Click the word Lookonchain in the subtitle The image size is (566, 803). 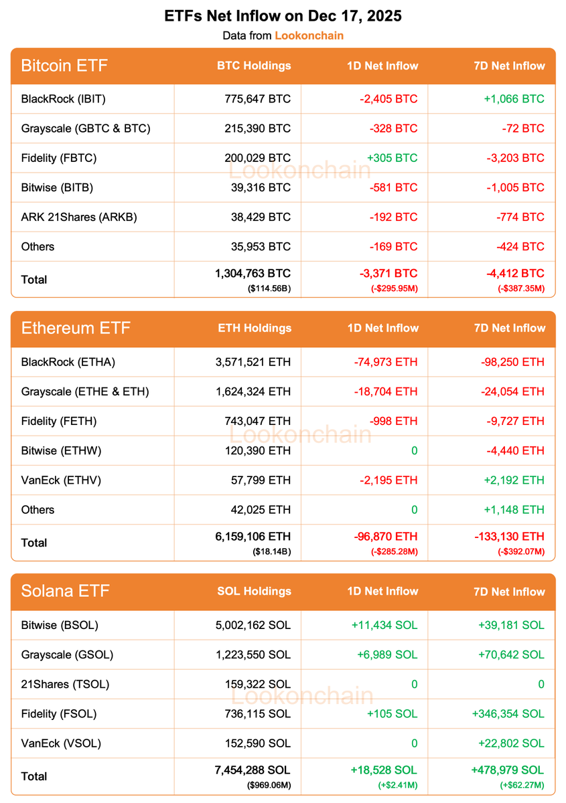(309, 35)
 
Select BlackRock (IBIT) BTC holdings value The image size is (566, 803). (258, 99)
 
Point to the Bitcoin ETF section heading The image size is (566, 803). (64, 66)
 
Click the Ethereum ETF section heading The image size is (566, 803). (76, 328)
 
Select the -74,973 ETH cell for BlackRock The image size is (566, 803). (385, 362)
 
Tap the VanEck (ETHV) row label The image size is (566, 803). (60, 480)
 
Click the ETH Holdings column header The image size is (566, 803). (255, 328)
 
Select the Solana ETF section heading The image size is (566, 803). (65, 591)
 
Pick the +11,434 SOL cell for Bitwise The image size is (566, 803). (384, 625)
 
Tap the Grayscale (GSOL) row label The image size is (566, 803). (67, 654)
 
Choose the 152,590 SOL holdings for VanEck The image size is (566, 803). (258, 743)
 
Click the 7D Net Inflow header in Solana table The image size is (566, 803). (509, 592)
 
